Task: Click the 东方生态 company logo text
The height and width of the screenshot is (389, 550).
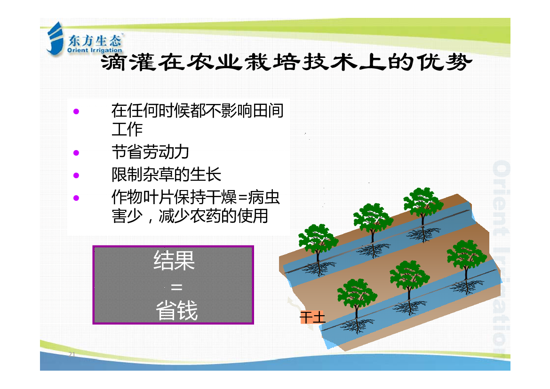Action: tap(95, 41)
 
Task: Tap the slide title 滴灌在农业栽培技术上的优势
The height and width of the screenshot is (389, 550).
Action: tap(286, 63)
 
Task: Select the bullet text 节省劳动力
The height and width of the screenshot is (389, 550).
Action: tap(150, 152)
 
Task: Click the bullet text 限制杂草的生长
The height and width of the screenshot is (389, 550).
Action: tap(166, 175)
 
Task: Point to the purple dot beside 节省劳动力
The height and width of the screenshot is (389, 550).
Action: tap(76, 152)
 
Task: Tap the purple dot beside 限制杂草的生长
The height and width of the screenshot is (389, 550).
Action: tap(76, 175)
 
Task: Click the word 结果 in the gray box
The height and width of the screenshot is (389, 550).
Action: tap(174, 260)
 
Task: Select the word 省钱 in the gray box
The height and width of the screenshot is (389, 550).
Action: tap(177, 310)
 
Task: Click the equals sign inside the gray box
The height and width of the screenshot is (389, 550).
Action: tap(176, 287)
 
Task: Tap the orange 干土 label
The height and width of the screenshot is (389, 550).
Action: tap(312, 318)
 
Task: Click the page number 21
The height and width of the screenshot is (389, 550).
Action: tap(72, 354)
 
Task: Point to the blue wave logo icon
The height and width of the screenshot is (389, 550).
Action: tap(55, 38)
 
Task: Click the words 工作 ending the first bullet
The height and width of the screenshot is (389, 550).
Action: tap(127, 129)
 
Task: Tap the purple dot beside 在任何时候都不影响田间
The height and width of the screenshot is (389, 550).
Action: tap(76, 111)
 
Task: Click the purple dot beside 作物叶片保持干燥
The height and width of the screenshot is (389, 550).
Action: tap(76, 198)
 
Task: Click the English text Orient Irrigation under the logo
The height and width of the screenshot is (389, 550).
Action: tap(95, 50)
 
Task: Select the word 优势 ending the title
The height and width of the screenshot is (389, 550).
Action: tap(445, 63)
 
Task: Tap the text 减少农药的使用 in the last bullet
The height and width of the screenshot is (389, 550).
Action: tap(213, 216)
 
